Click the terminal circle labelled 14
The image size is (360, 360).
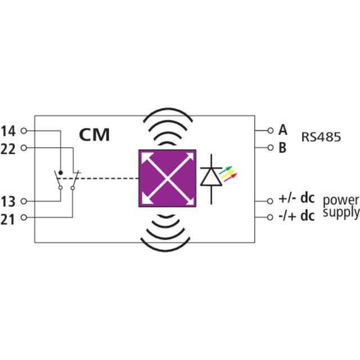click(x=24, y=130)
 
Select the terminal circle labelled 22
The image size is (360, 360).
click(x=24, y=147)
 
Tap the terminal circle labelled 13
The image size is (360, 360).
click(x=24, y=201)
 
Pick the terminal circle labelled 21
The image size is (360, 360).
click(x=24, y=217)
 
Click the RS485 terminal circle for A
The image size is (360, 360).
click(x=271, y=130)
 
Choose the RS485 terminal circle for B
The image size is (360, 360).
click(x=271, y=147)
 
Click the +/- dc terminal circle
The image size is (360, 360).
click(x=270, y=201)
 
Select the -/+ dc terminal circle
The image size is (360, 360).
click(x=270, y=217)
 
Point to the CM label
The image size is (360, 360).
click(x=94, y=135)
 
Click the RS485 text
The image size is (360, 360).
click(x=321, y=137)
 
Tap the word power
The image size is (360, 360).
click(x=341, y=201)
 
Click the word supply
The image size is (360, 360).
click(x=341, y=213)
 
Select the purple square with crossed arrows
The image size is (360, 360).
click(x=168, y=178)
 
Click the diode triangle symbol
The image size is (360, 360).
click(x=211, y=177)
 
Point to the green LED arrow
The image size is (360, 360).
click(x=226, y=170)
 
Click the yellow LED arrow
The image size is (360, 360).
click(x=228, y=174)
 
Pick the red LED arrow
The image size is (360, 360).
click(x=230, y=178)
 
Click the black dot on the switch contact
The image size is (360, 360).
click(x=61, y=173)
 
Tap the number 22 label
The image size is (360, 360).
click(x=8, y=149)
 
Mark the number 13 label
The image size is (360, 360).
click(x=8, y=202)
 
